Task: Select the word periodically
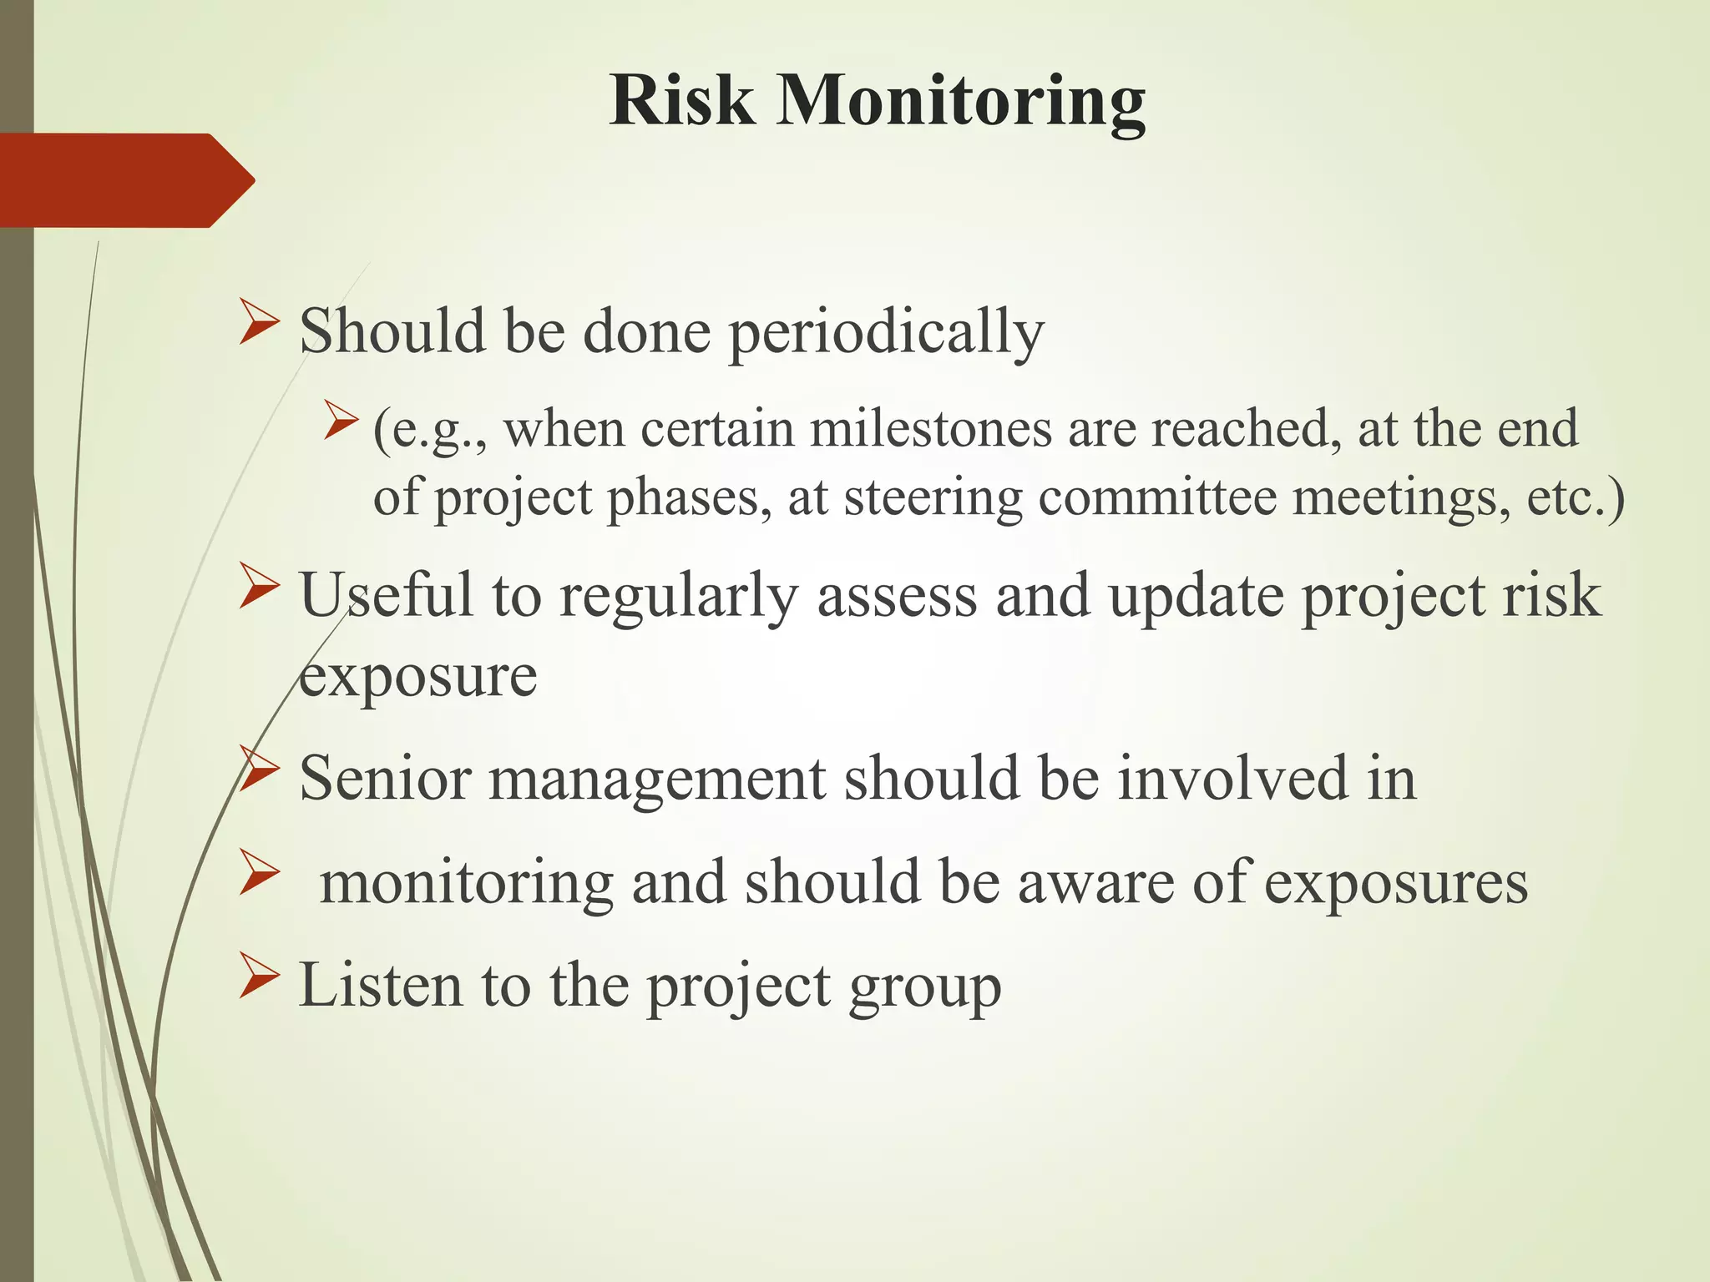pyautogui.click(x=886, y=331)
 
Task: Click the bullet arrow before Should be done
pyautogui.click(x=258, y=325)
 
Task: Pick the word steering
pyautogui.click(x=933, y=498)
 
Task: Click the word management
pyautogui.click(x=656, y=780)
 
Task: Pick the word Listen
pyautogui.click(x=380, y=986)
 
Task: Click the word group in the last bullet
pyautogui.click(x=924, y=988)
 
